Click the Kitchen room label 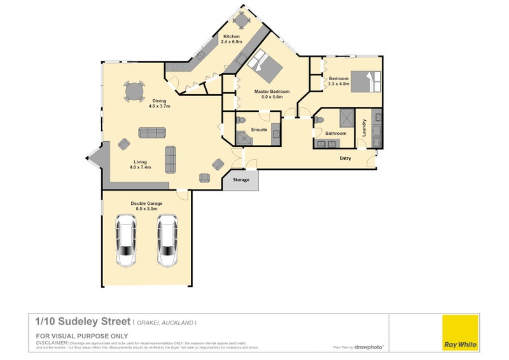(x=230, y=36)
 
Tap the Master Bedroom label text (x=272, y=92)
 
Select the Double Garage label (x=147, y=203)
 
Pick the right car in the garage (x=168, y=240)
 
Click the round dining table (x=134, y=91)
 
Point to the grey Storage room (x=241, y=180)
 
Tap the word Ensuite (x=259, y=130)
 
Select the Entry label (x=345, y=158)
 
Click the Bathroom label (x=335, y=134)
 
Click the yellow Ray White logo (x=460, y=332)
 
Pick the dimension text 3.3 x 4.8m (x=338, y=84)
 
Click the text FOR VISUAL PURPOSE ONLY (x=82, y=335)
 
